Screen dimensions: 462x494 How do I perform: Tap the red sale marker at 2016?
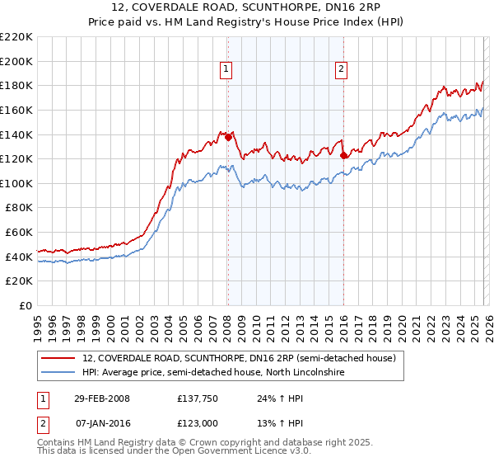tap(343, 154)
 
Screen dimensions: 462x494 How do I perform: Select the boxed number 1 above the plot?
tap(226, 70)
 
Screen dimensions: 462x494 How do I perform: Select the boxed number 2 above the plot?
tap(341, 70)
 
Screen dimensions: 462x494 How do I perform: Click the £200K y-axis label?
tap(17, 61)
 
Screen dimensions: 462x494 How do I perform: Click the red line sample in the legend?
tap(58, 359)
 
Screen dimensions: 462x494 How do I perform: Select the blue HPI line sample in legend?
tap(58, 373)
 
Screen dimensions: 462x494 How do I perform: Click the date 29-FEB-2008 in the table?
tap(102, 398)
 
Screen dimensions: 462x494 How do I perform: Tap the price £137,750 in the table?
tap(195, 398)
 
